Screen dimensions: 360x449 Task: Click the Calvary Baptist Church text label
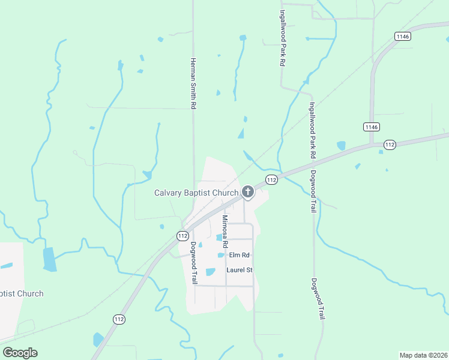(x=196, y=193)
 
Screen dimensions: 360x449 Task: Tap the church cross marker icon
(x=247, y=193)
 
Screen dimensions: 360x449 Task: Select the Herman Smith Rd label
(x=193, y=83)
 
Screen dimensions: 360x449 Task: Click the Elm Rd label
(x=239, y=255)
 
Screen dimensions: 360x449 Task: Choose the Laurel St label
(x=239, y=270)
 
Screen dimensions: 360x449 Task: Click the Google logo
(x=20, y=353)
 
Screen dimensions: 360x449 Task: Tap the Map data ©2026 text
(x=424, y=355)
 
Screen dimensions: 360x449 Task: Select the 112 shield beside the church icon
(x=271, y=179)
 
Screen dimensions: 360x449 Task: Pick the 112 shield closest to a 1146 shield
(x=390, y=145)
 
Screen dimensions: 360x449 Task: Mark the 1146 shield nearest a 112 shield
(x=371, y=127)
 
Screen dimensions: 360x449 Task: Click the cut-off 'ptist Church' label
(x=22, y=293)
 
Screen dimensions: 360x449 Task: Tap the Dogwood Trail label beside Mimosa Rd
(x=194, y=263)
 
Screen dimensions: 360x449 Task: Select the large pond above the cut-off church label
(x=49, y=259)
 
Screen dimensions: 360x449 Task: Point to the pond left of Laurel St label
(x=210, y=272)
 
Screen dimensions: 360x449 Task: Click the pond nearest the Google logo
(x=98, y=340)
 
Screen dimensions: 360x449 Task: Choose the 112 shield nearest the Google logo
(x=118, y=320)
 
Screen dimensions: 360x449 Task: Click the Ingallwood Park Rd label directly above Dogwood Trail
(x=313, y=130)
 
